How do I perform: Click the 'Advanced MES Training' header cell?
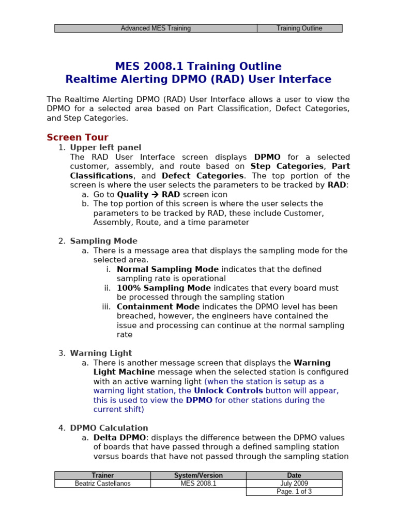(156, 28)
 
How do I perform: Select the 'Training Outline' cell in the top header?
(299, 28)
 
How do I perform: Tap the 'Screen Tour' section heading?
(78, 137)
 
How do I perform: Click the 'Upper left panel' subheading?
(105, 148)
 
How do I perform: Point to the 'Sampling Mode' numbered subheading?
(103, 241)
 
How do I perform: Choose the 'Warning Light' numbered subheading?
(101, 353)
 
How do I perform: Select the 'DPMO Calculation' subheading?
(109, 428)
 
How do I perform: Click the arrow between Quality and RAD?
(155, 195)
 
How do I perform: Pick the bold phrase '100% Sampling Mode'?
(164, 288)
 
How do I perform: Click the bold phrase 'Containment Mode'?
(158, 307)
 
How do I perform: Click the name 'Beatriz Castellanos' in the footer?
(102, 484)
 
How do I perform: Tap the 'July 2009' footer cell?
(294, 484)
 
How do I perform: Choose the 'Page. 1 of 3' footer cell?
(294, 492)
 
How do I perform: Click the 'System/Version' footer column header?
(198, 475)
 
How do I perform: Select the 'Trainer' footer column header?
(102, 475)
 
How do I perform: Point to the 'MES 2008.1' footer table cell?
(198, 484)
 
